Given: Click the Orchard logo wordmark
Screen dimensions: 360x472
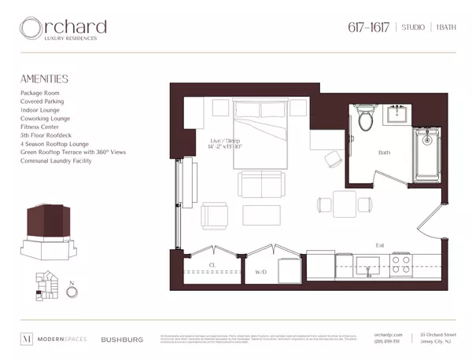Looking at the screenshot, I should (64, 29).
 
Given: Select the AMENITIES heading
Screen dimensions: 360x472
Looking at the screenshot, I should (44, 79).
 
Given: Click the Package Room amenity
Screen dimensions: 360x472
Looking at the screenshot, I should (42, 93).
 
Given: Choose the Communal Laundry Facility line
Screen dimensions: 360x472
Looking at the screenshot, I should (56, 161).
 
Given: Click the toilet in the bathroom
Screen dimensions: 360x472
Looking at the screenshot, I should (366, 118).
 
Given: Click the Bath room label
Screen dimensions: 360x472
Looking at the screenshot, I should (385, 152).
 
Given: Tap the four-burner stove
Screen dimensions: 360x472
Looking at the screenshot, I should (401, 263).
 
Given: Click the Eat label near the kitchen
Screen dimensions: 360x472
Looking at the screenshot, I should (379, 243).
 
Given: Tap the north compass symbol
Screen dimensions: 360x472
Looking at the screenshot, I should (72, 290).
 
